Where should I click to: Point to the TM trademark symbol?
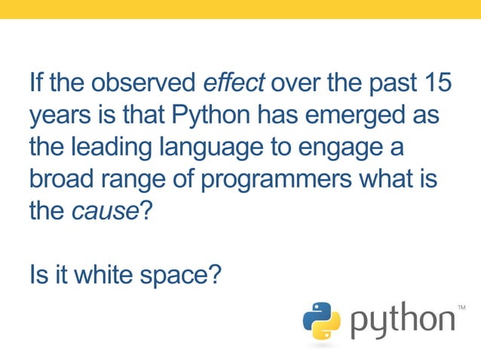461,307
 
